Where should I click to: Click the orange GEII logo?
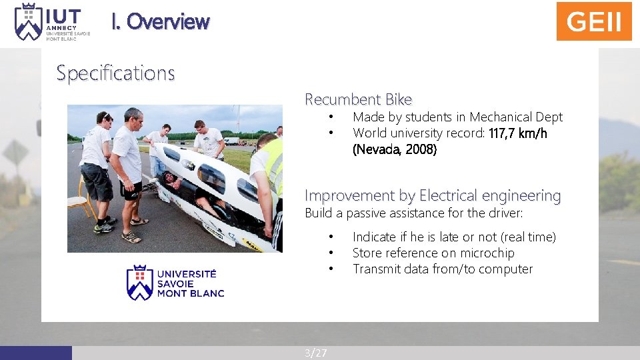594,21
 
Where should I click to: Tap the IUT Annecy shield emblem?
28,21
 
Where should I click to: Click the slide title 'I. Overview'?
161,21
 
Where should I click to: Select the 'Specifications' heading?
115,73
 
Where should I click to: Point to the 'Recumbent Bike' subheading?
359,99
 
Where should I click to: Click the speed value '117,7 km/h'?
518,133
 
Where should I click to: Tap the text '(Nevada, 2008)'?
395,149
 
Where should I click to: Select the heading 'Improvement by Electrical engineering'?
433,195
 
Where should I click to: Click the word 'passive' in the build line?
367,213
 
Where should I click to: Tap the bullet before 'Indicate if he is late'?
330,237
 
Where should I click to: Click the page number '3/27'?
316,353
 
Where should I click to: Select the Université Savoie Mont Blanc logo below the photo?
175,283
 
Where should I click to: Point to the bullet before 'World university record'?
330,133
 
